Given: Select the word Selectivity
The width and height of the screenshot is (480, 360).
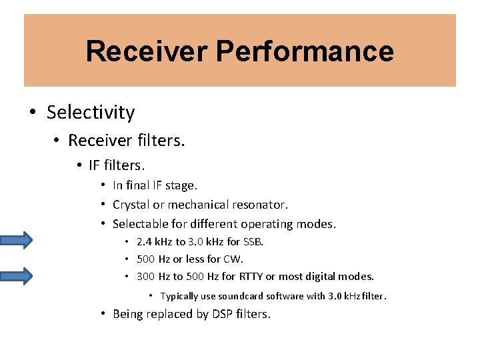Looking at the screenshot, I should [91, 113].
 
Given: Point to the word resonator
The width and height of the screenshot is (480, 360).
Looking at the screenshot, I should [259, 205].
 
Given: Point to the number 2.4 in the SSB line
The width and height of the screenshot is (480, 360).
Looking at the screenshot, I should [145, 241].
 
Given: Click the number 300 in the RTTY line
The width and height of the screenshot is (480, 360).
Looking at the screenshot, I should [145, 276].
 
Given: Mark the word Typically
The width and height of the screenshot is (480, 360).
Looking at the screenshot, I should [179, 296].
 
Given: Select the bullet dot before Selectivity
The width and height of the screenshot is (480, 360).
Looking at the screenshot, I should [33, 113].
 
